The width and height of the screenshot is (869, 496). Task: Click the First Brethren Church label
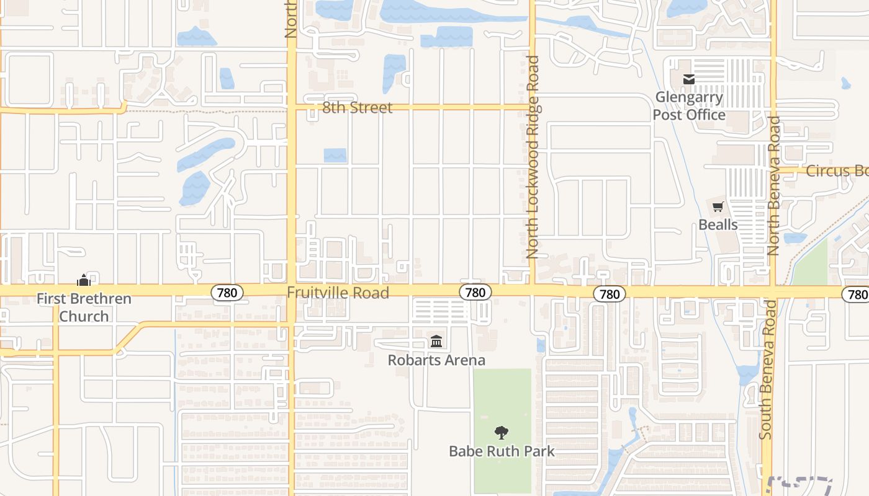click(x=84, y=308)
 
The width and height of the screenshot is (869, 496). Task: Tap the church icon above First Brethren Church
click(x=84, y=280)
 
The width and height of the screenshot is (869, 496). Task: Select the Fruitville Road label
click(x=338, y=293)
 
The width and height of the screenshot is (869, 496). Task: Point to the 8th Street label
click(x=358, y=108)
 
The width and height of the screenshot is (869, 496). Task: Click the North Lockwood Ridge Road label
click(x=533, y=157)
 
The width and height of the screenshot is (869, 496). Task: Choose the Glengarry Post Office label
click(x=689, y=106)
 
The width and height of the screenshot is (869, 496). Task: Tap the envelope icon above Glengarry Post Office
click(x=689, y=79)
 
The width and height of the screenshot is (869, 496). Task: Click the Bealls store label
click(x=718, y=224)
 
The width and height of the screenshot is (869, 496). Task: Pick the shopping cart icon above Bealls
click(x=718, y=206)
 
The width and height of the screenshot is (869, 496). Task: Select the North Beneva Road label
click(x=773, y=186)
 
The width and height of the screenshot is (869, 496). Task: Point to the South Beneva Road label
click(x=767, y=370)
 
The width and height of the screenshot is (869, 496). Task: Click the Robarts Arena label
click(x=436, y=360)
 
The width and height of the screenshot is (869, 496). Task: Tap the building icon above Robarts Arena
click(x=436, y=342)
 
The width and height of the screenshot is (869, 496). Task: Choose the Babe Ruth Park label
click(x=502, y=451)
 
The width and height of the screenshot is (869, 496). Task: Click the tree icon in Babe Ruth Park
click(x=502, y=432)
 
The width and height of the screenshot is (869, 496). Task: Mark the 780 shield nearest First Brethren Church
click(x=227, y=293)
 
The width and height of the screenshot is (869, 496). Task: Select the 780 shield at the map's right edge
click(x=857, y=294)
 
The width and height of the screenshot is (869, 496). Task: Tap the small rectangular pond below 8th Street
click(x=335, y=155)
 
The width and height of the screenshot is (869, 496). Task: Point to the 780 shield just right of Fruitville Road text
click(x=475, y=292)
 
